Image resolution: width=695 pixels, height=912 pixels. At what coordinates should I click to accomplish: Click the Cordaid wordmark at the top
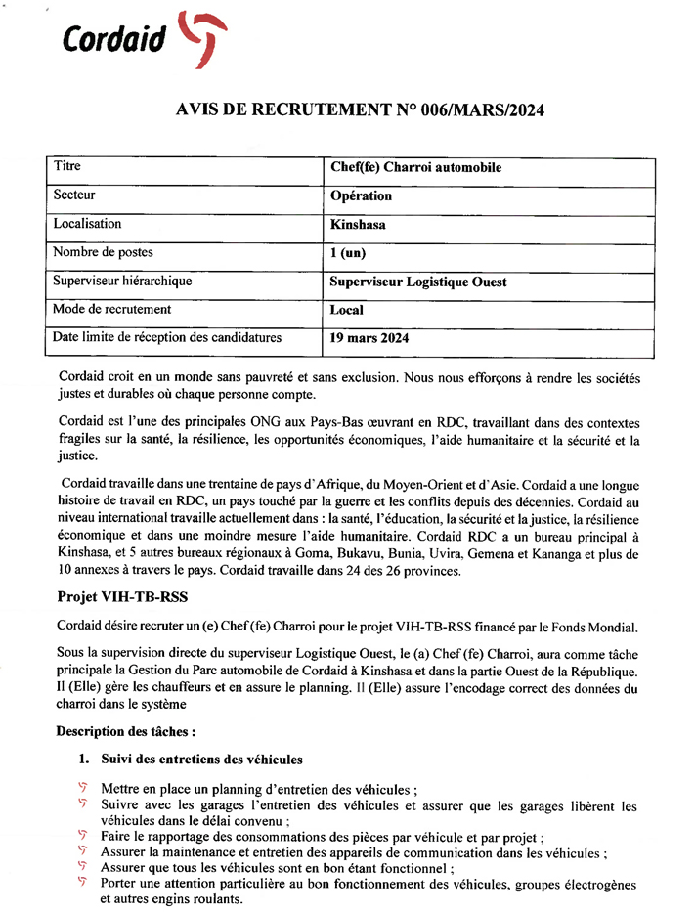tap(114, 38)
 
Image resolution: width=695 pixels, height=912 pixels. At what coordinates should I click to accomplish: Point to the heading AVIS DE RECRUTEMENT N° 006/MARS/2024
tap(360, 111)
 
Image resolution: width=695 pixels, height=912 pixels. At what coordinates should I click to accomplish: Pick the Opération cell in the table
tap(361, 196)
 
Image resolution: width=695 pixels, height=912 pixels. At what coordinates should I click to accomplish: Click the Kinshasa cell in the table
tap(358, 225)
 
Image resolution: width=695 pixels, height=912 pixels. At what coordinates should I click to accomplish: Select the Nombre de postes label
tap(104, 252)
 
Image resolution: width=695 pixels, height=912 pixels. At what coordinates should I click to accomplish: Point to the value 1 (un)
tap(347, 253)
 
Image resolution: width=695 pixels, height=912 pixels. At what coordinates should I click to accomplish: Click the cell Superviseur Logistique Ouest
tap(418, 282)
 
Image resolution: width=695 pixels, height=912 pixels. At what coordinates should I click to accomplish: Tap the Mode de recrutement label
tap(112, 309)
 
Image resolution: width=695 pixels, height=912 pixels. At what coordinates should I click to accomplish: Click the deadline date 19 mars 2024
tap(369, 339)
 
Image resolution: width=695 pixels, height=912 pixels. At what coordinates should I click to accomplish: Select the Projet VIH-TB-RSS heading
tap(122, 595)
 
